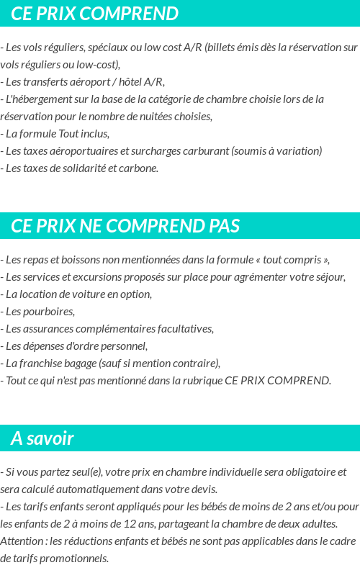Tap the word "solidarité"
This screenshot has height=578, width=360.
click(x=81, y=168)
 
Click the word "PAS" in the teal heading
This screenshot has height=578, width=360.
click(x=224, y=227)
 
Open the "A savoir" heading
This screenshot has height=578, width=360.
click(x=42, y=438)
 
